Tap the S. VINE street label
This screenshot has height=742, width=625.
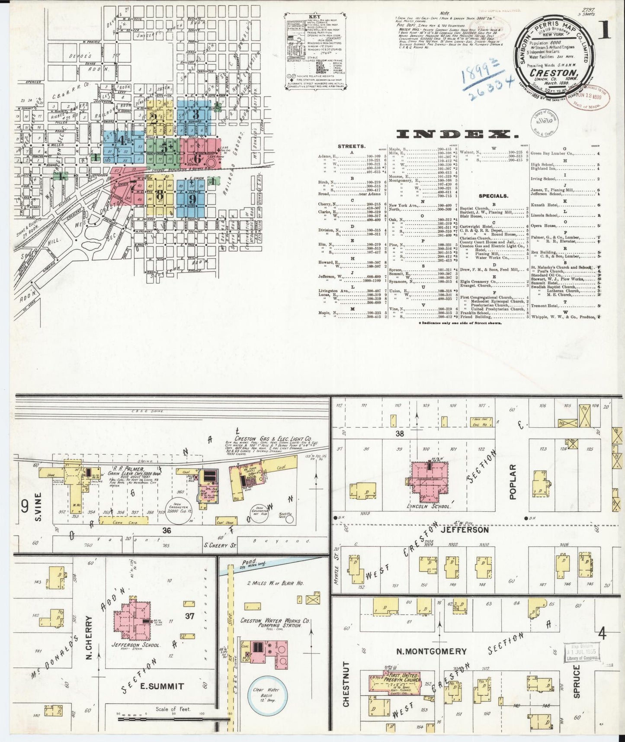click(38, 506)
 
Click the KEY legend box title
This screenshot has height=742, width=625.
click(307, 16)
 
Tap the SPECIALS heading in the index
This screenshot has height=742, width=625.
click(494, 196)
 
